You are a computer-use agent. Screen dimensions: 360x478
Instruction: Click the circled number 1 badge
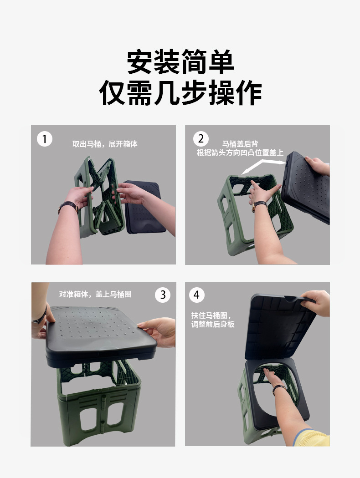click(45, 139)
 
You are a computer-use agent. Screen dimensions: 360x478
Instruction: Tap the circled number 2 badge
click(201, 139)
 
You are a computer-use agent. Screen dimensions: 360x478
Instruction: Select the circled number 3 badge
click(163, 295)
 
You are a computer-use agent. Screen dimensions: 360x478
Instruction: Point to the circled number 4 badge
click(197, 295)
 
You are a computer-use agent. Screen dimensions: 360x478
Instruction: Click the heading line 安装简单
click(180, 62)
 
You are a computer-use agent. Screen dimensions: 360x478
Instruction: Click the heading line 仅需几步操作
click(180, 93)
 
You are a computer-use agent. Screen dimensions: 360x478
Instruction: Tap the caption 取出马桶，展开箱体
click(105, 144)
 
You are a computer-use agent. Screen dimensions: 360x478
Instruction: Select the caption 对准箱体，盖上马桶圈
click(95, 294)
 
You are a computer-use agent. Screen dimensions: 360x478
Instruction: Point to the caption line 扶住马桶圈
click(211, 315)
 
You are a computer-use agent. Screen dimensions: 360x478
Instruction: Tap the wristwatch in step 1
click(68, 206)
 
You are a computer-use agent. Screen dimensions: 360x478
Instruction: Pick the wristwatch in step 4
click(279, 388)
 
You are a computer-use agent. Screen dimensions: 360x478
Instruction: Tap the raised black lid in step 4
click(281, 327)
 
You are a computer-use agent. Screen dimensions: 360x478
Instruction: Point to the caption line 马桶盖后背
click(240, 144)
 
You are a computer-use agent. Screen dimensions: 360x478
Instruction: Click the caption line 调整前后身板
click(213, 324)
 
